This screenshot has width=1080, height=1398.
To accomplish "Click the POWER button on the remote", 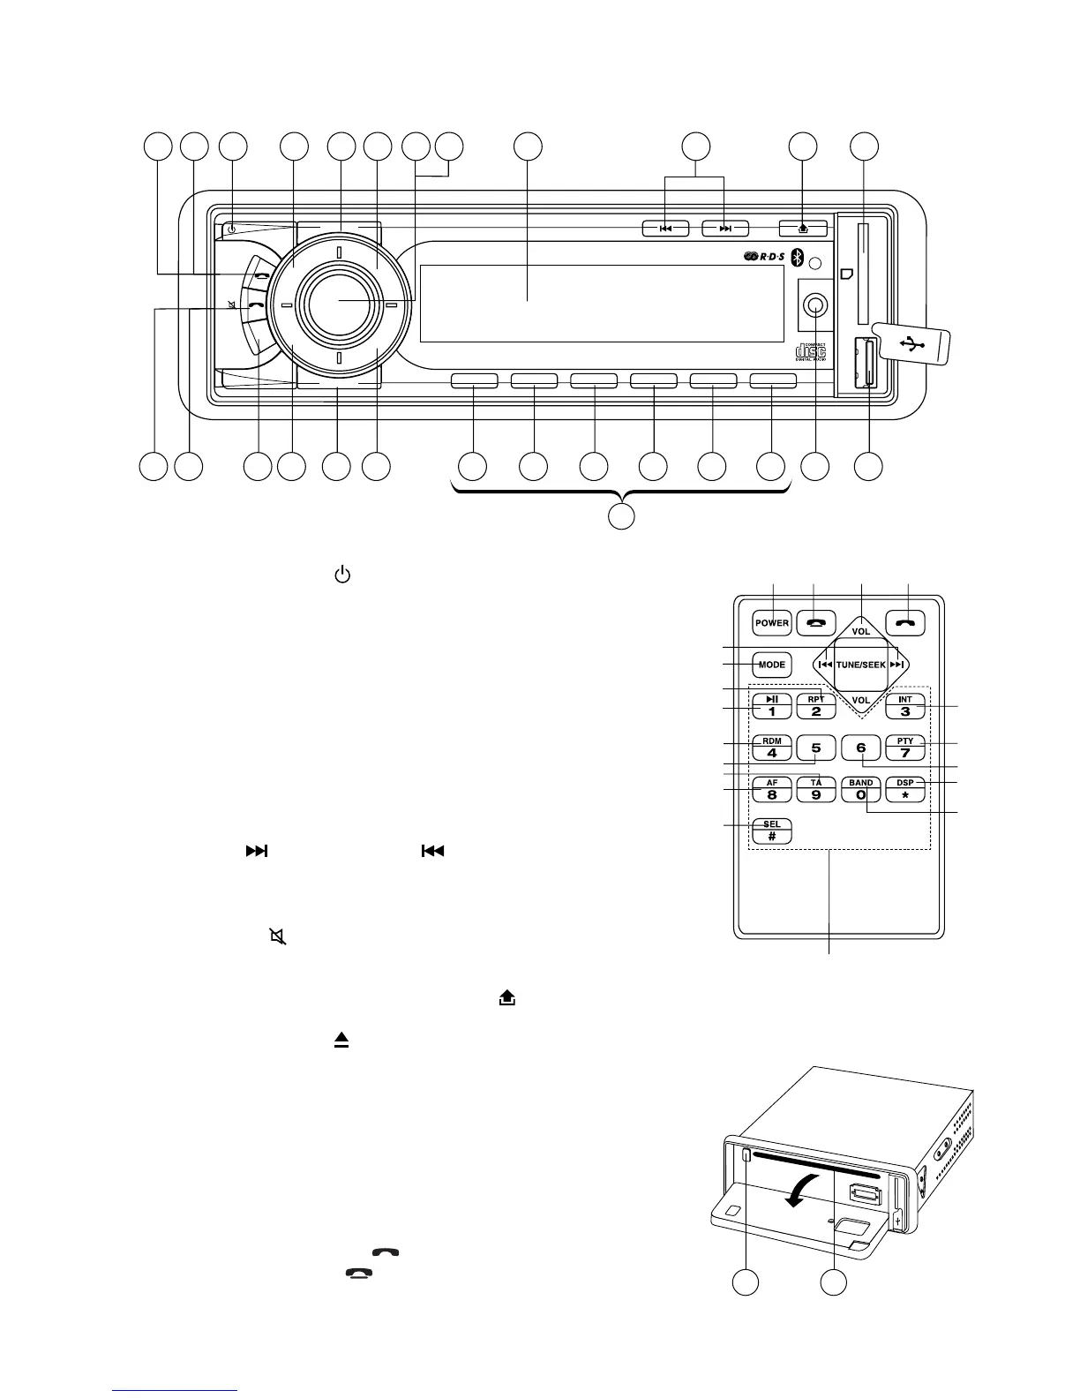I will [772, 623].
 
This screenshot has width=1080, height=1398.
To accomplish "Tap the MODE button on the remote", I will [772, 665].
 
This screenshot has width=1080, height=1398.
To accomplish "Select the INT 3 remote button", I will [905, 706].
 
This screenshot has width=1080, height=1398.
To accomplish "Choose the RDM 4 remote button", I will [772, 748].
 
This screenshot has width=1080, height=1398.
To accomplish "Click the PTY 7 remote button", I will [905, 748].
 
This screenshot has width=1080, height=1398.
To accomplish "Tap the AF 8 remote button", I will [772, 788].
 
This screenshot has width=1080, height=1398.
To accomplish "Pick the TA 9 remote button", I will [816, 788].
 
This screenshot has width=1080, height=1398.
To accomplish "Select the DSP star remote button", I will [905, 788].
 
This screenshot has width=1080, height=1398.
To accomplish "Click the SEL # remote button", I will [772, 831].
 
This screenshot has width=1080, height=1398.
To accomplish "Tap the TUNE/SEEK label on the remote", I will [860, 665].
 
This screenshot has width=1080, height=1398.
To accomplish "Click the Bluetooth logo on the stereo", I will [795, 258].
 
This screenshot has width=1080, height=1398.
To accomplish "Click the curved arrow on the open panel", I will [803, 1193].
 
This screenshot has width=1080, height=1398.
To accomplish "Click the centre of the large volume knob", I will [339, 303].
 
